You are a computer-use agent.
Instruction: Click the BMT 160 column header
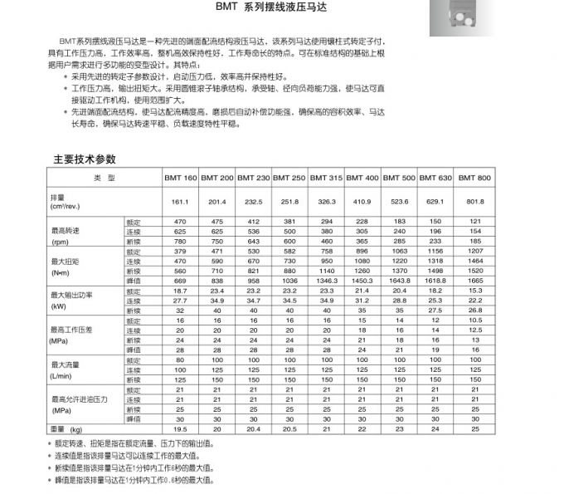180,179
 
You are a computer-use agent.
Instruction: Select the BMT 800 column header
474,179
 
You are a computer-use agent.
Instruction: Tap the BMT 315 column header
325,179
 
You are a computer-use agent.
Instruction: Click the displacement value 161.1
180,202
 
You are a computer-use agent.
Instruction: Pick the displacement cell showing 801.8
474,202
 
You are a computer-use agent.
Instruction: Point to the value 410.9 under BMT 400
362,202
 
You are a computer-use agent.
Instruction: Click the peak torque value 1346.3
325,281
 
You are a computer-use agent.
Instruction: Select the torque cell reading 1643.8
399,281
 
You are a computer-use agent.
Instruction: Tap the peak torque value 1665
474,281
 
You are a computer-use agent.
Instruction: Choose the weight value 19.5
180,428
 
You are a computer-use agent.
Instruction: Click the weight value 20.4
253,428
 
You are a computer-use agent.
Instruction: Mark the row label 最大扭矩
65,261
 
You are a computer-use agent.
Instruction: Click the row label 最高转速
65,231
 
